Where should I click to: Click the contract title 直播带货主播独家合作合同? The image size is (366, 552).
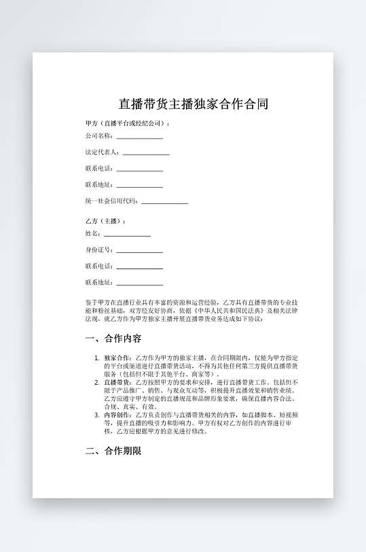coord(194,104)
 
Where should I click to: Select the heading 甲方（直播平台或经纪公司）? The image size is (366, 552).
coord(126,124)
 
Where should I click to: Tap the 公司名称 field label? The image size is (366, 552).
coord(99,136)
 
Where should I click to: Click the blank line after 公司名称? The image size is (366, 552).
coord(139,137)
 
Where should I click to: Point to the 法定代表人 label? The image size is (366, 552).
coord(102,152)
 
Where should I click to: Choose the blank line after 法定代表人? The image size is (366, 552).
coord(145,154)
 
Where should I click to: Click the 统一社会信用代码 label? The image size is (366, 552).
coord(111,201)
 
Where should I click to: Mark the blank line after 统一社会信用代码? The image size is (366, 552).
coord(164,203)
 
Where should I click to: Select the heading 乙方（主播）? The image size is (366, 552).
coord(105,222)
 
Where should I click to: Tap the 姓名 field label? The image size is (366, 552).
coord(92,234)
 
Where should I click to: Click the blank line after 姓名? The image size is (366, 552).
coord(127,235)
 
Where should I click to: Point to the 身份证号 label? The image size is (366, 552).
coord(99,250)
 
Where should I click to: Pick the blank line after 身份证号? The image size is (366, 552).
coord(139,252)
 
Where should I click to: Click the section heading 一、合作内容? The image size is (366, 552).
coord(113,339)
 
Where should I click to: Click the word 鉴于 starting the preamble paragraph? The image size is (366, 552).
coord(92,302)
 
